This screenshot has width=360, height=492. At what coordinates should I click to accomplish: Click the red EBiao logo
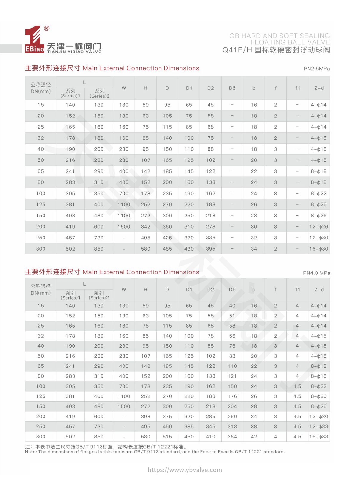(34, 40)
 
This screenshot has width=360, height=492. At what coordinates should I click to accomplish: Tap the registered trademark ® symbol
(47, 29)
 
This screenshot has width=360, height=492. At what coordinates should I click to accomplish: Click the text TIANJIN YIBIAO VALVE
(74, 52)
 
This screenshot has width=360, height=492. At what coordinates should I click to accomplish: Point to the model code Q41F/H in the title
(237, 50)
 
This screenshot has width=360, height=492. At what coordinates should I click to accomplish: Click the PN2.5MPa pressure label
(316, 69)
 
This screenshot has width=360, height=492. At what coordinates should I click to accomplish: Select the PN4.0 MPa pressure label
(316, 273)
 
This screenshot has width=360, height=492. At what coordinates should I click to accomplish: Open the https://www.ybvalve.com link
(185, 470)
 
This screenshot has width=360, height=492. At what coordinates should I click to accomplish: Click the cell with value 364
(232, 437)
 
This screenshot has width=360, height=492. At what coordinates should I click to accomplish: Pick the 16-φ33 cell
(319, 437)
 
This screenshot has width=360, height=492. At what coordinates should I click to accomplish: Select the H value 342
(146, 227)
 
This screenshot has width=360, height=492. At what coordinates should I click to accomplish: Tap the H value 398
(146, 417)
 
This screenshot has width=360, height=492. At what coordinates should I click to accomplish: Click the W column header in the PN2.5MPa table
(124, 88)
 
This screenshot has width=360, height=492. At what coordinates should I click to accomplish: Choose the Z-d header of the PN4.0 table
(319, 290)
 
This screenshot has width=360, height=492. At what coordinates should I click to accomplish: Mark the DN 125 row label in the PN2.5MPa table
(41, 205)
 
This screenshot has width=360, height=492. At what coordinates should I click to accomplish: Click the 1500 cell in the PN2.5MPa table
(124, 227)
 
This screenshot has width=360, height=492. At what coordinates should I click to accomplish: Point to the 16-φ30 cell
(319, 249)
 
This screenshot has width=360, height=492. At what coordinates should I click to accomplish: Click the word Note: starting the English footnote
(31, 452)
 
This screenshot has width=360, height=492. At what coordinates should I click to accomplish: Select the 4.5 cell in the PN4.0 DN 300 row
(297, 437)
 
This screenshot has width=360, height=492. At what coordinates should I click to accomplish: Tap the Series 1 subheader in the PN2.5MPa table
(70, 93)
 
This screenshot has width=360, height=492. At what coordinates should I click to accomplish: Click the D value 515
(167, 437)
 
